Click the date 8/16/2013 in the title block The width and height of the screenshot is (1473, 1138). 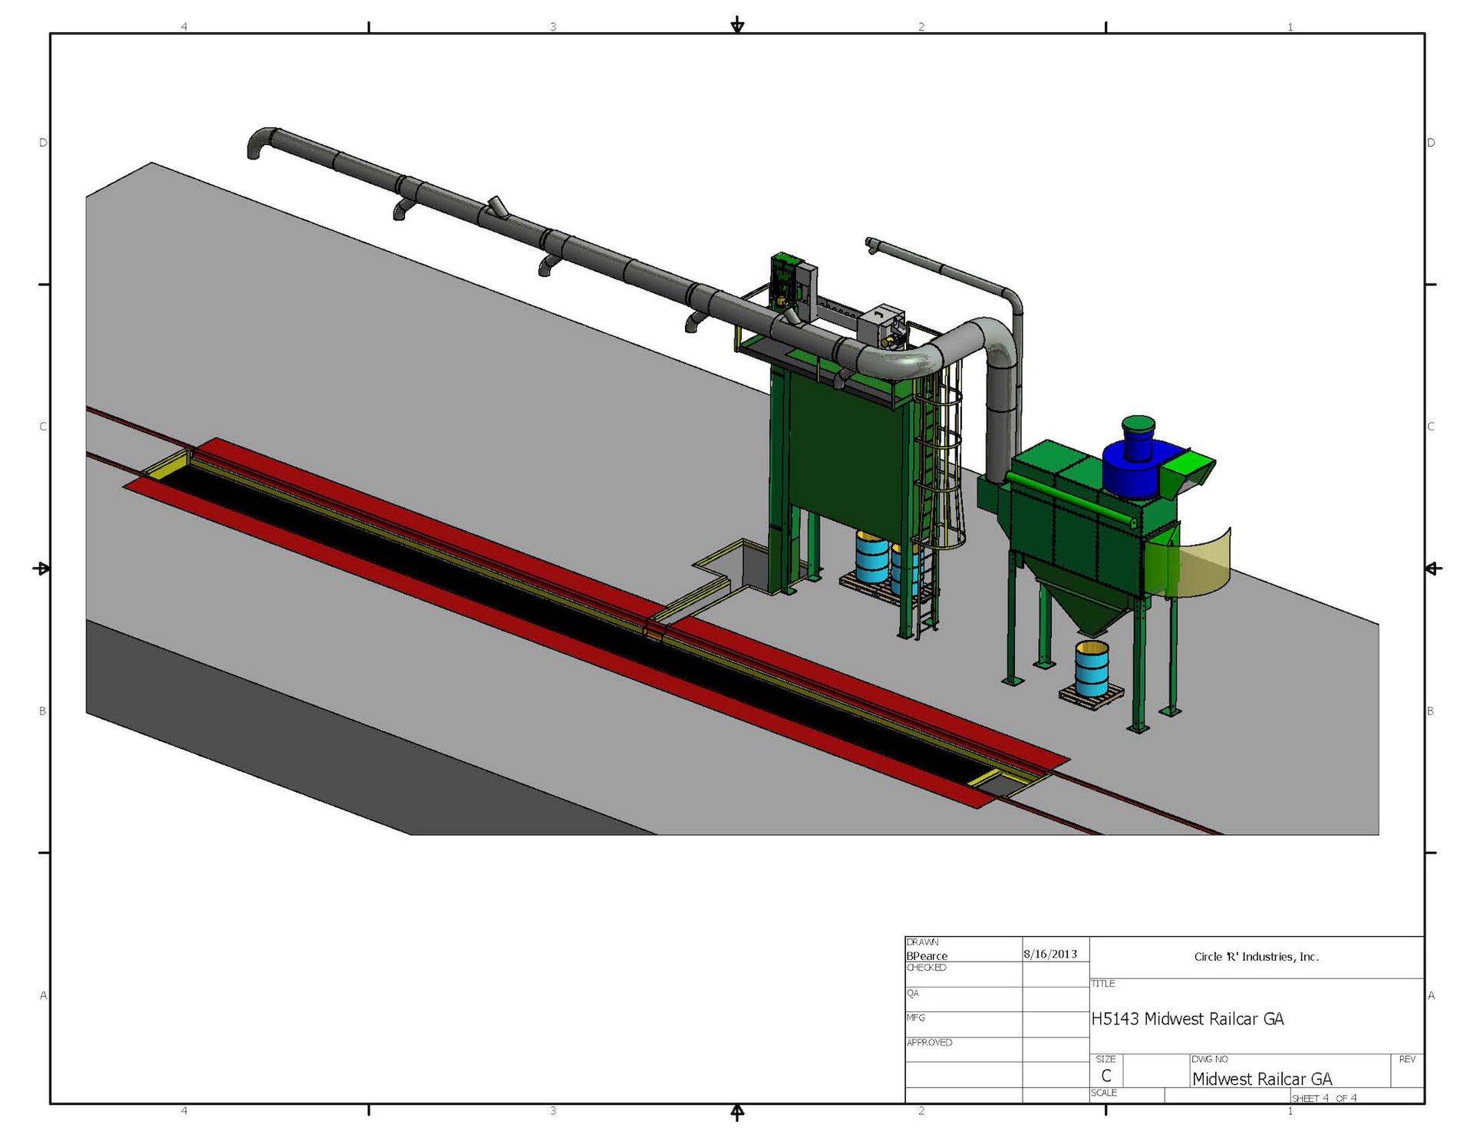tap(1050, 954)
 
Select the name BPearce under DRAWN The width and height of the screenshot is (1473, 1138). tap(927, 955)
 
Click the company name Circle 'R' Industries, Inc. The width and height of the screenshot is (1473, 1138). tap(1256, 956)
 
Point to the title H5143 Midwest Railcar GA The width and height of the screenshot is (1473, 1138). tap(1187, 1018)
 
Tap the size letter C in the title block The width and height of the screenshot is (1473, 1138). tap(1106, 1076)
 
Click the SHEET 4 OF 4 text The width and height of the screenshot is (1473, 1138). tap(1323, 1097)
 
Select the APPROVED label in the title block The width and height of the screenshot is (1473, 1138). tap(929, 1042)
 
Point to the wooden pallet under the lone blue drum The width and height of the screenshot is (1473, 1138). tap(1091, 695)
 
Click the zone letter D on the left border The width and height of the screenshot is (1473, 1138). tap(43, 143)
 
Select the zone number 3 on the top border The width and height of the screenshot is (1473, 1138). tap(552, 26)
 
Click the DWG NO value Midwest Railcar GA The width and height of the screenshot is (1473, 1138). tap(1261, 1078)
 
